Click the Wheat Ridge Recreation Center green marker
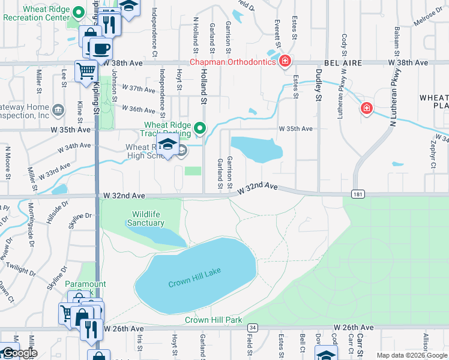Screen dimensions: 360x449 pyautogui.click(x=77, y=12)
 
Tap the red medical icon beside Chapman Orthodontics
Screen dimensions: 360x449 pyautogui.click(x=285, y=61)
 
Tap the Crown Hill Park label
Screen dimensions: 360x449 pyautogui.click(x=213, y=320)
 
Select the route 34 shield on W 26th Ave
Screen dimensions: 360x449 pyautogui.click(x=253, y=328)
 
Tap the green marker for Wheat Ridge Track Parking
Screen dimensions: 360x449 pyautogui.click(x=201, y=128)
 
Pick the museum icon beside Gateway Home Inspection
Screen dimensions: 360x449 pyautogui.click(x=59, y=109)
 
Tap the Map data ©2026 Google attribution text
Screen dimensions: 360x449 pyautogui.click(x=412, y=355)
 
